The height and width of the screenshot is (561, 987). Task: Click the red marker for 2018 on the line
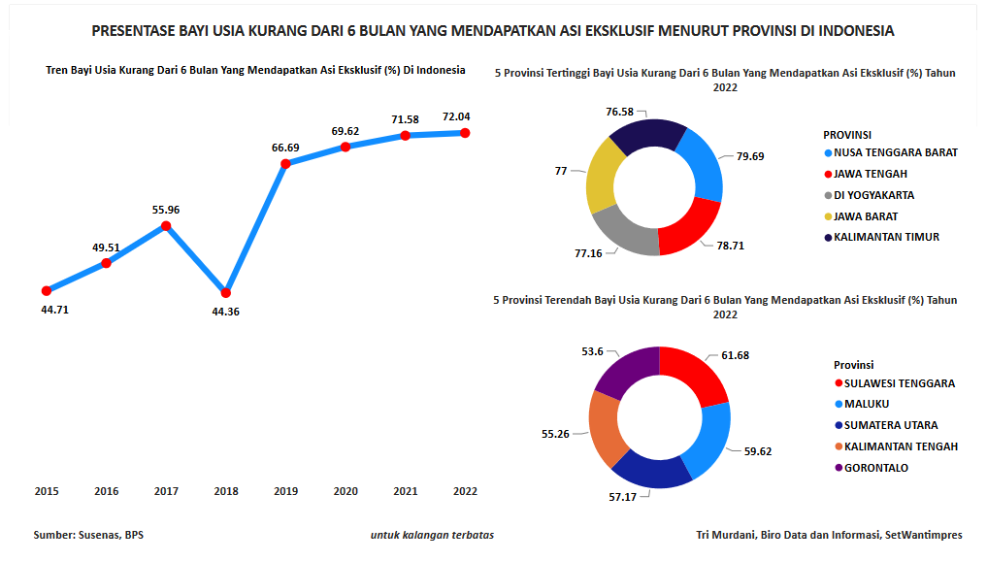(x=226, y=292)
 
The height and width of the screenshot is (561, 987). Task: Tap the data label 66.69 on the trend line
(x=285, y=148)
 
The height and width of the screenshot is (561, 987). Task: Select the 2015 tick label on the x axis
(x=47, y=491)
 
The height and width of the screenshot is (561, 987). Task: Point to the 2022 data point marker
(x=465, y=133)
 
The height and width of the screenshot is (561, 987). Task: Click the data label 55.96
(x=166, y=210)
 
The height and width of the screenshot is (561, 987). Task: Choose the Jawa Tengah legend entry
(x=871, y=174)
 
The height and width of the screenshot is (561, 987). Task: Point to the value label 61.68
(x=736, y=355)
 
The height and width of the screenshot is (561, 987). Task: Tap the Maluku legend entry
(x=866, y=404)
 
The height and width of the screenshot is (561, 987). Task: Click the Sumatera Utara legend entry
(x=890, y=425)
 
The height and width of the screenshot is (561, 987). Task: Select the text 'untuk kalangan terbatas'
(x=432, y=535)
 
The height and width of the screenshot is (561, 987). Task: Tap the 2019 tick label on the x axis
(x=285, y=491)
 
